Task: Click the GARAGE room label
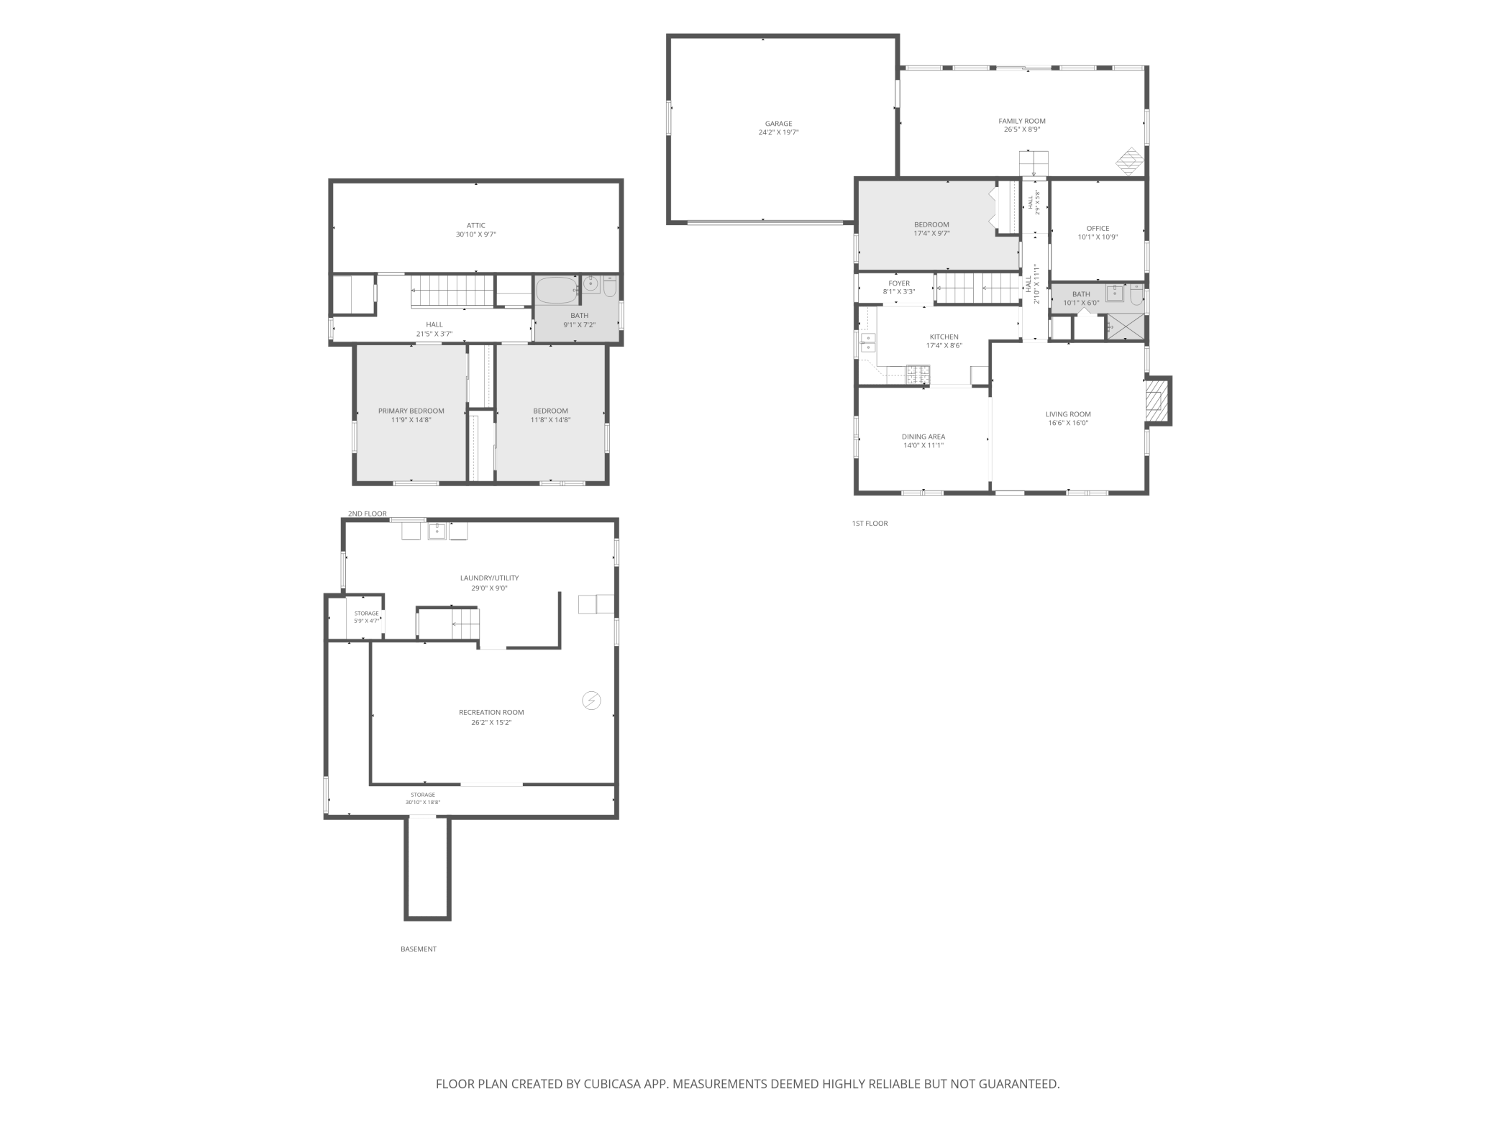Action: [778, 124]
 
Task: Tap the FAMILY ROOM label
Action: [1022, 121]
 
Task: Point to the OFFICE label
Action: [1098, 228]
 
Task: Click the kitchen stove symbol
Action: [918, 373]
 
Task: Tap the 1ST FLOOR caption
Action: [870, 524]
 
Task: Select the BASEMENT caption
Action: [419, 949]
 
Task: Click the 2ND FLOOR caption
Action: [368, 514]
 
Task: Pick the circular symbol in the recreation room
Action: [591, 701]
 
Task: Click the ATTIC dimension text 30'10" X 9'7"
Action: [476, 234]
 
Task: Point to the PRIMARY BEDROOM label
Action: [411, 411]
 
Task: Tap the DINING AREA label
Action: [923, 437]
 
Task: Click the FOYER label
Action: [899, 283]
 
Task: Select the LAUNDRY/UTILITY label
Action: [489, 578]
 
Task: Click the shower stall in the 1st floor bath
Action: [1125, 327]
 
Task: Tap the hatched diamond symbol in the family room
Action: [1129, 161]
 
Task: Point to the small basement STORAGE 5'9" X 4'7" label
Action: [366, 617]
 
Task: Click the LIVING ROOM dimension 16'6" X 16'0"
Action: [1068, 423]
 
